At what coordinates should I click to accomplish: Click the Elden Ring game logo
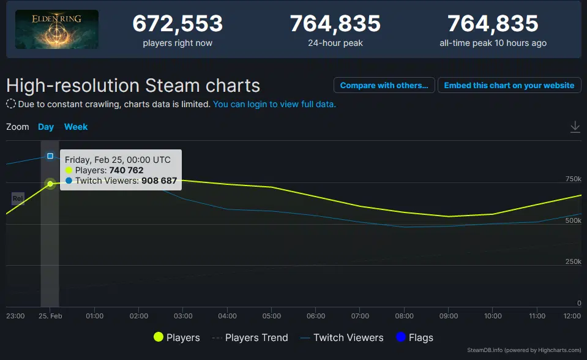pyautogui.click(x=57, y=29)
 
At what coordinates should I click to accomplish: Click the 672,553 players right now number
pyautogui.click(x=178, y=24)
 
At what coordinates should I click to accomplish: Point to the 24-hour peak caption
pyautogui.click(x=335, y=43)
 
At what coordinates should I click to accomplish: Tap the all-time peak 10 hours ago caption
pyautogui.click(x=493, y=43)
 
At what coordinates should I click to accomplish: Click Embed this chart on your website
pyautogui.click(x=509, y=85)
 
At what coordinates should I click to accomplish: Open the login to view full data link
pyautogui.click(x=274, y=104)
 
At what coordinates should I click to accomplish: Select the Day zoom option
pyautogui.click(x=46, y=127)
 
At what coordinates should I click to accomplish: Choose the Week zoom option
pyautogui.click(x=76, y=127)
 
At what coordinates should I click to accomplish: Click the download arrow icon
pyautogui.click(x=575, y=127)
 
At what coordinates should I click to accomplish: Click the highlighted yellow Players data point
pyautogui.click(x=50, y=184)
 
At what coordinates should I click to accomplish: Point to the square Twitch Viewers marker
pyautogui.click(x=50, y=156)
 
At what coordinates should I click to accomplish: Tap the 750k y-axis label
pyautogui.click(x=573, y=179)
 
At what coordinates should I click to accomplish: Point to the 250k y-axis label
pyautogui.click(x=573, y=261)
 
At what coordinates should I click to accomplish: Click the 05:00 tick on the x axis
pyautogui.click(x=272, y=316)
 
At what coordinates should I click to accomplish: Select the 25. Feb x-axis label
pyautogui.click(x=50, y=316)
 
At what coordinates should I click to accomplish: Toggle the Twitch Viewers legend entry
pyautogui.click(x=342, y=337)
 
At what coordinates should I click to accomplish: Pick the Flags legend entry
pyautogui.click(x=415, y=337)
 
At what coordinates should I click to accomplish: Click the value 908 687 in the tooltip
pyautogui.click(x=159, y=181)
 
